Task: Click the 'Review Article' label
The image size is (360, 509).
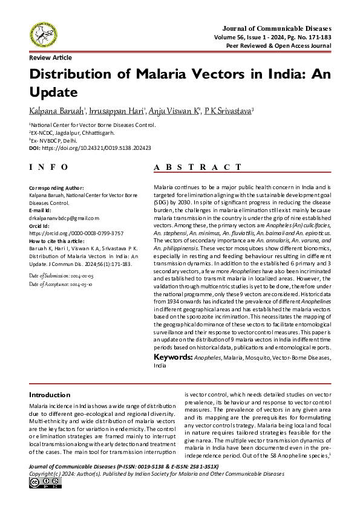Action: pyautogui.click(x=50, y=57)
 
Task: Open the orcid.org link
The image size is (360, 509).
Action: pyautogui.click(x=68, y=233)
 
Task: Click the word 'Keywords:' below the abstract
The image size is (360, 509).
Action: pyautogui.click(x=172, y=358)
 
